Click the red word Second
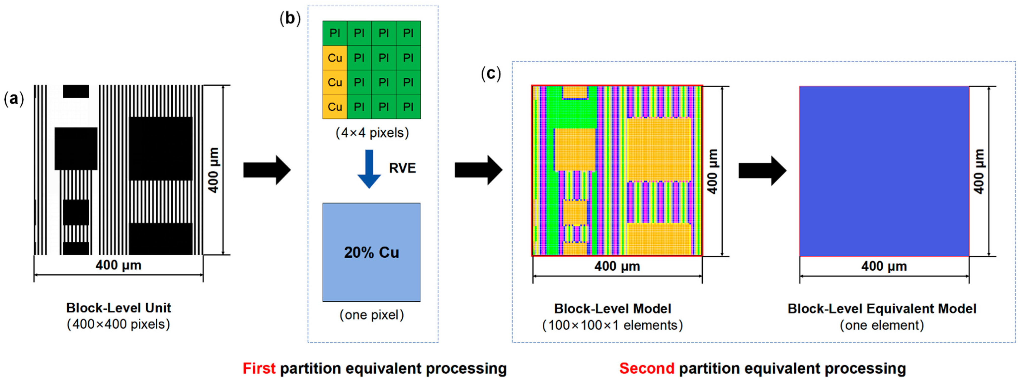[x=647, y=368]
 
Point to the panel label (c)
[x=491, y=73]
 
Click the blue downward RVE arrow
[x=369, y=168]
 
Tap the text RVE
[x=402, y=168]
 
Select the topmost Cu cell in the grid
[x=335, y=58]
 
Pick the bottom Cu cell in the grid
[x=335, y=107]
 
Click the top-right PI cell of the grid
[x=408, y=33]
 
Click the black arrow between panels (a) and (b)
[x=267, y=170]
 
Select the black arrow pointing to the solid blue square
[x=762, y=171]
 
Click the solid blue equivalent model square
[x=884, y=171]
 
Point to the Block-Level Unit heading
[x=118, y=308]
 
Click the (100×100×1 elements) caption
[x=613, y=325]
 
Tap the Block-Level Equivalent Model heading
[x=882, y=308]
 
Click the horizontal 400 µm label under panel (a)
[x=118, y=265]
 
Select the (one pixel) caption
[x=371, y=315]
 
